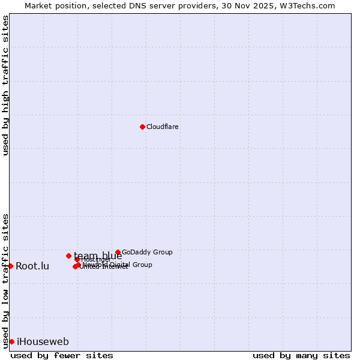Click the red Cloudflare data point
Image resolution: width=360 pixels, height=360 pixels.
click(142, 127)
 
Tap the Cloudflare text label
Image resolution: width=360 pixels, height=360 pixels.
click(163, 127)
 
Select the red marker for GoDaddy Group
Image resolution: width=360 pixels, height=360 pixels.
click(118, 253)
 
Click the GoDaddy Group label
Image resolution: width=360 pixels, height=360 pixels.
click(147, 253)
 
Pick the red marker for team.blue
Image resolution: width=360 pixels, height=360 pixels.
click(68, 256)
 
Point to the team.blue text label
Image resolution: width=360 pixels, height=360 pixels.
click(98, 256)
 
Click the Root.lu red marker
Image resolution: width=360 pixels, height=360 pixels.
click(10, 266)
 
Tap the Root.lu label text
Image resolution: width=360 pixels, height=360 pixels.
click(32, 266)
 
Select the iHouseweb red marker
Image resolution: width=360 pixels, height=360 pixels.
click(11, 341)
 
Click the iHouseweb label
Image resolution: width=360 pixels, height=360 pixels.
click(43, 342)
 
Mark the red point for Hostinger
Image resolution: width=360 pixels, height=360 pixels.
click(77, 259)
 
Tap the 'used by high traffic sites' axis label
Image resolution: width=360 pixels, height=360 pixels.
click(6, 85)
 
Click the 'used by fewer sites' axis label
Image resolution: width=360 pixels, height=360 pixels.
click(62, 355)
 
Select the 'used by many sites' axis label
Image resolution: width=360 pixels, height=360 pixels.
click(301, 355)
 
